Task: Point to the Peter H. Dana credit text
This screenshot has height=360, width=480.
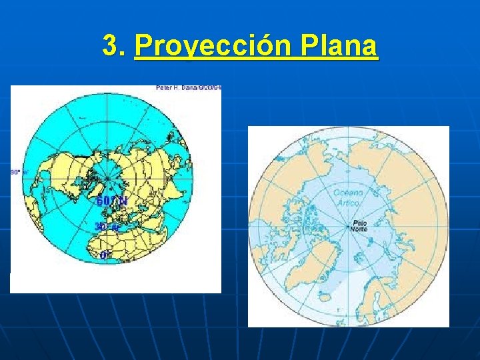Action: (189, 87)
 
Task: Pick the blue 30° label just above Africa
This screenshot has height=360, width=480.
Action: (107, 227)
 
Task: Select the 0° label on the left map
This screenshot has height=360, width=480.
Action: (105, 254)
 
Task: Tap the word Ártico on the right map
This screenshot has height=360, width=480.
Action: (348, 202)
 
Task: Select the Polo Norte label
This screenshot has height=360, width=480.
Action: (360, 226)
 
